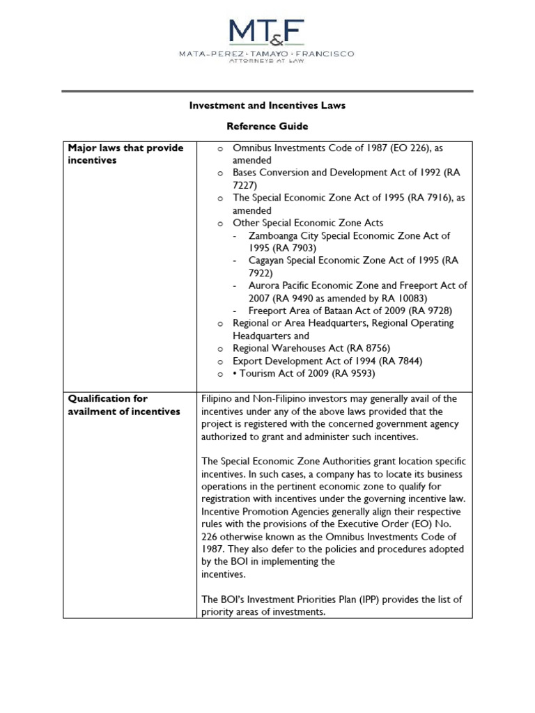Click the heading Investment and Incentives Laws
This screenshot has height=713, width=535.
point(268,106)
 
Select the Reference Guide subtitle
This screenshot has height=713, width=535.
point(268,127)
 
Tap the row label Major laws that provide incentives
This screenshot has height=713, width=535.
point(125,154)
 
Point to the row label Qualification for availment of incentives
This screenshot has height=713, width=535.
point(124,405)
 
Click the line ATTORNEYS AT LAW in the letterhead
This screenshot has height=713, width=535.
point(268,60)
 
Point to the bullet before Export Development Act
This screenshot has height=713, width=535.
point(219,361)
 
